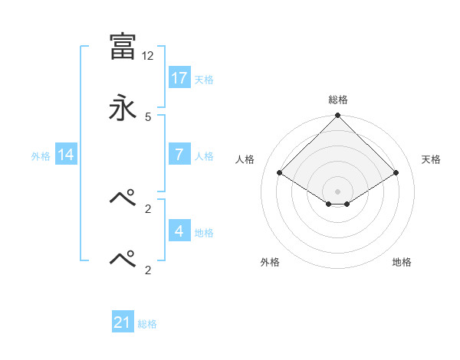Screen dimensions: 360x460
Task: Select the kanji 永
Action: (x=123, y=108)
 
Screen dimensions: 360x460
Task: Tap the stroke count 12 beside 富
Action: (x=148, y=56)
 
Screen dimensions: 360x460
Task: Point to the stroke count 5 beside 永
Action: (x=148, y=116)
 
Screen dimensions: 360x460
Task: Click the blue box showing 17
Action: (x=179, y=77)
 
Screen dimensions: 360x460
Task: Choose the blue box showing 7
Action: (x=179, y=155)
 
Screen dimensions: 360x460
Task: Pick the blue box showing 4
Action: (x=179, y=231)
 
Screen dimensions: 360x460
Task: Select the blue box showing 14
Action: (x=66, y=155)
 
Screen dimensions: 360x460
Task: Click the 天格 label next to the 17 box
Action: (x=203, y=79)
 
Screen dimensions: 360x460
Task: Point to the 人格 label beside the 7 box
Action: (x=203, y=156)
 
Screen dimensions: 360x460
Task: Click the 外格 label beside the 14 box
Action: (x=41, y=156)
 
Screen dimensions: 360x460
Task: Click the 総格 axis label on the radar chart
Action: (x=338, y=100)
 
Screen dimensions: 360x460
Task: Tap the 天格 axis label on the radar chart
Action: (x=431, y=159)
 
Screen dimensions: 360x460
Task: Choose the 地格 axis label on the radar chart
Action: (x=402, y=263)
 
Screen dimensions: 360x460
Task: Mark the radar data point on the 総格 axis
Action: (x=338, y=116)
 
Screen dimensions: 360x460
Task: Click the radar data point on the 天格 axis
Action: (x=396, y=173)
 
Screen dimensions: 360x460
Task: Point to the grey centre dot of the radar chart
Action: (x=338, y=191)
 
